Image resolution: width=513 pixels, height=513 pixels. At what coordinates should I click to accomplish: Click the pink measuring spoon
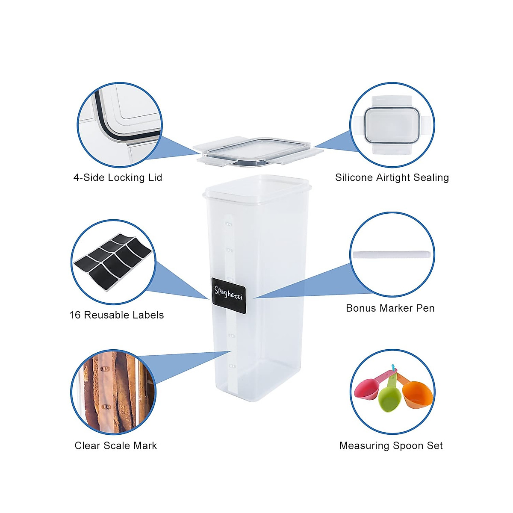[367, 389]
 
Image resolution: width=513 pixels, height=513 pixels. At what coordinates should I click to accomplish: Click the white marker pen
[391, 254]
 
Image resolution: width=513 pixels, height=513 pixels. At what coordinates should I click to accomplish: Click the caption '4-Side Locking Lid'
[118, 177]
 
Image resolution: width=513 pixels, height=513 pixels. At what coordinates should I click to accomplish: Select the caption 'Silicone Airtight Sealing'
[392, 177]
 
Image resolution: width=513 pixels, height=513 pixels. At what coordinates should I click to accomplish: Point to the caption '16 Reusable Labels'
[116, 315]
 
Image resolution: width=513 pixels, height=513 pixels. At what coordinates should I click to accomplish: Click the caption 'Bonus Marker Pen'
[390, 308]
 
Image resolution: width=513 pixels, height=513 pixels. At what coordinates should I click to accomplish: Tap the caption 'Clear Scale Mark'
[115, 445]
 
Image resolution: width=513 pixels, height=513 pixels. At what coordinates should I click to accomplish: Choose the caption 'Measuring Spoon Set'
[391, 445]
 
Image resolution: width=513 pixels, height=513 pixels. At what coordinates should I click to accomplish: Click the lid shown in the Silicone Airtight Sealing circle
[392, 125]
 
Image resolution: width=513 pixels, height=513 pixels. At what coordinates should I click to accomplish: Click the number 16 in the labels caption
[75, 315]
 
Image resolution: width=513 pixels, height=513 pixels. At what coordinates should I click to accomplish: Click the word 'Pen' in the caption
[426, 308]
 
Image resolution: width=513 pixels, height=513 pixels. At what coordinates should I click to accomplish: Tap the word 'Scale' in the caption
[118, 445]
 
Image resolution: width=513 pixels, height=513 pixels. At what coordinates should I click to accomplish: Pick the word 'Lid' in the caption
[155, 177]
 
